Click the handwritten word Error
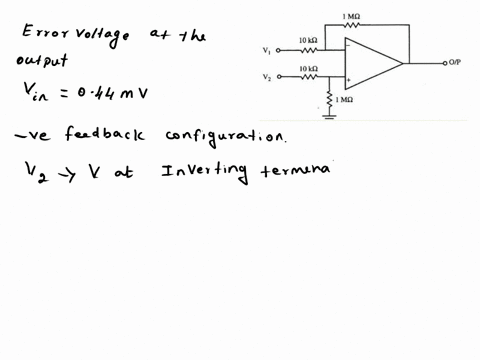tap(41, 34)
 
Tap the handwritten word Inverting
tap(203, 171)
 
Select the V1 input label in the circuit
tap(266, 49)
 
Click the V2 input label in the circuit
tap(266, 76)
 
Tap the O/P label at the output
tap(461, 62)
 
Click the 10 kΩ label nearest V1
tap(309, 40)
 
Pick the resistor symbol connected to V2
tap(309, 76)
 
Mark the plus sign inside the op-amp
tap(348, 77)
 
